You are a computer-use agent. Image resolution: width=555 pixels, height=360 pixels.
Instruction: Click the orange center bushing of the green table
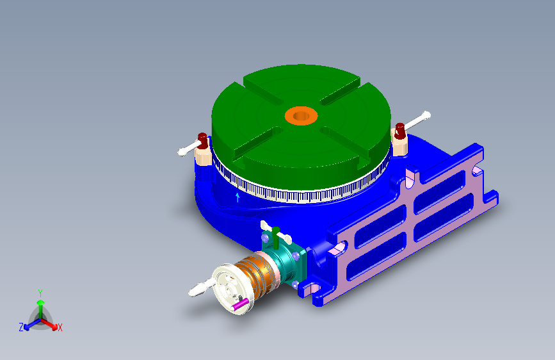pos(302,115)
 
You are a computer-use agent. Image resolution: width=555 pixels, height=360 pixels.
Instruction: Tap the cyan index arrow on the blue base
pos(237,197)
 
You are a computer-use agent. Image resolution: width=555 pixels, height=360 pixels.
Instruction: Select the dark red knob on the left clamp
pos(202,141)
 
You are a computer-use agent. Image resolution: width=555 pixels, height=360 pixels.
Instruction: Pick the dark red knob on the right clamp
pos(399,131)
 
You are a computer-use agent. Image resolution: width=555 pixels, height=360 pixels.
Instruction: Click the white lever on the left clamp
pos(188,149)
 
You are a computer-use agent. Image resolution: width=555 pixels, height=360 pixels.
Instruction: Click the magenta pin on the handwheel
pos(239,304)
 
